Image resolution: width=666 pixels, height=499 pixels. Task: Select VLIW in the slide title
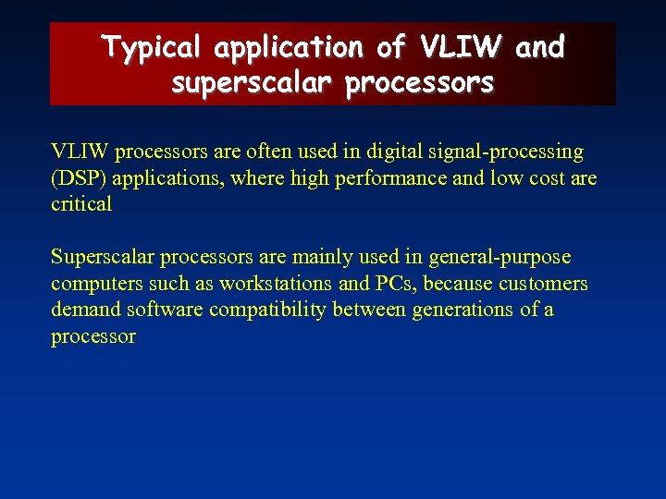462,46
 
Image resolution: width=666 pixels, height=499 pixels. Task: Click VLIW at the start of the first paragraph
80,151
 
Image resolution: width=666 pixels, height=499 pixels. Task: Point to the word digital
401,151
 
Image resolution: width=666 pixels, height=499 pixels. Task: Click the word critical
81,204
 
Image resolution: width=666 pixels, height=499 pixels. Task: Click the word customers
541,283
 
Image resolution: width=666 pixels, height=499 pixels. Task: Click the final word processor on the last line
93,336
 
